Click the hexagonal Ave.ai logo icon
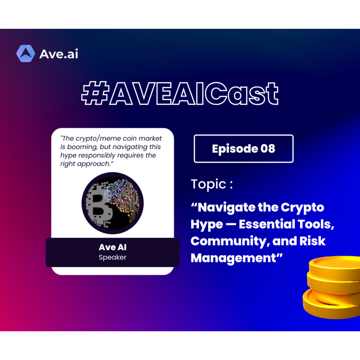click(26, 54)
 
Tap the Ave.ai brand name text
click(59, 54)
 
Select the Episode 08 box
click(244, 148)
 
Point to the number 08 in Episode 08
click(268, 148)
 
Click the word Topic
click(208, 184)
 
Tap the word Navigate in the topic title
click(226, 208)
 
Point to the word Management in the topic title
click(234, 258)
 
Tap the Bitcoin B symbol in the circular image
click(99, 210)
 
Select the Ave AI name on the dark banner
click(112, 247)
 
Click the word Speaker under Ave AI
click(112, 257)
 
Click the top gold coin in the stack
click(334, 267)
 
